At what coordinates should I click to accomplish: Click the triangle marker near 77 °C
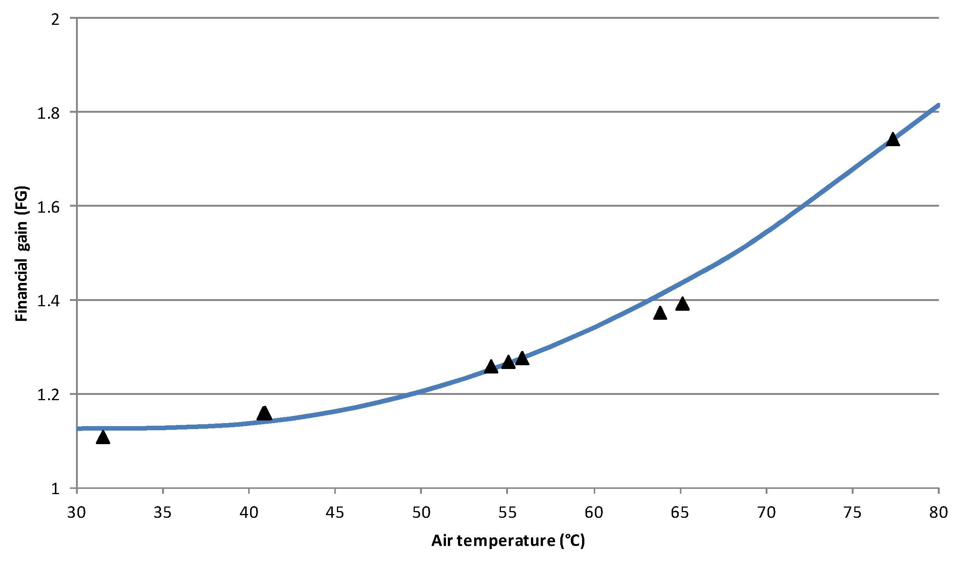893,140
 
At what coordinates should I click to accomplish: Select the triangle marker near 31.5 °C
103,438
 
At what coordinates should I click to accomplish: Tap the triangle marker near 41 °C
264,414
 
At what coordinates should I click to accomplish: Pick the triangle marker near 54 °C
491,367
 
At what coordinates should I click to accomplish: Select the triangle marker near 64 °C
660,314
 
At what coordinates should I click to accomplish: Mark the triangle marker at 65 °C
682,304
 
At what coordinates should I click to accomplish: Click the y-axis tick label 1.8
49,113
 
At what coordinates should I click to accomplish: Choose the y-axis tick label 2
56,19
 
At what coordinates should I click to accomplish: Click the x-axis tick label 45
335,513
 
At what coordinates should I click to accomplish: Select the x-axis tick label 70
766,513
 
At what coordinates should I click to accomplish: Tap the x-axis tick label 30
77,513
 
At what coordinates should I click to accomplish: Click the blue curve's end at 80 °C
938,106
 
